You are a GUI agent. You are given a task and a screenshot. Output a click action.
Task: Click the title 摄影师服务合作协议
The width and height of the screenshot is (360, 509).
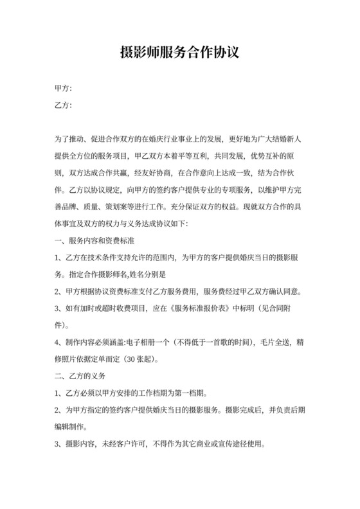pyautogui.click(x=179, y=52)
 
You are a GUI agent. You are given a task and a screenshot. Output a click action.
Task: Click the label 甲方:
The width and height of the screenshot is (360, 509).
pyautogui.click(x=64, y=88)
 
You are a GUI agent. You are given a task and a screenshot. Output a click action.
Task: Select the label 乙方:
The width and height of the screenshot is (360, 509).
pyautogui.click(x=64, y=105)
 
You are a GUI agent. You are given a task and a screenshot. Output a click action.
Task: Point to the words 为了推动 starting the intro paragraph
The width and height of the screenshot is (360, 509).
pyautogui.click(x=70, y=139)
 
